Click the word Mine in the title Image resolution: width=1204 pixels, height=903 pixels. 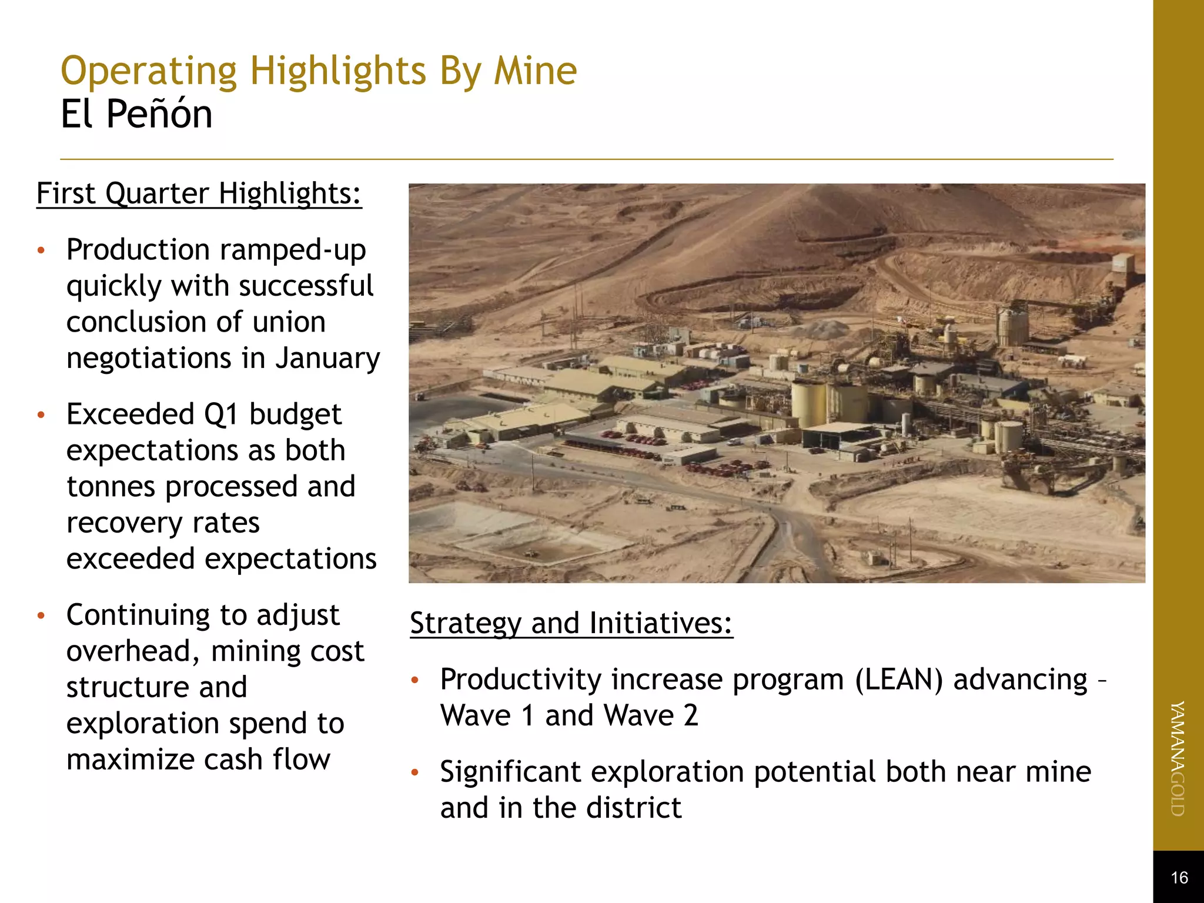[x=535, y=72]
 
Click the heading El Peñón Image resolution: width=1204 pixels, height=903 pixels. [x=136, y=114]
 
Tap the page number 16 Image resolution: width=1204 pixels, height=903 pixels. [x=1179, y=878]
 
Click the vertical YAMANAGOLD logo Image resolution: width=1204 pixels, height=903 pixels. [x=1178, y=758]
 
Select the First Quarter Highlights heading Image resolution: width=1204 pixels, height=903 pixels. [x=199, y=193]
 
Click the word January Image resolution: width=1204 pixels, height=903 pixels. [x=327, y=358]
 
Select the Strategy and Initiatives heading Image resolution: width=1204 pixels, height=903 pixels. [x=571, y=623]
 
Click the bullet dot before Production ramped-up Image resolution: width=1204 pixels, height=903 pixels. [x=41, y=251]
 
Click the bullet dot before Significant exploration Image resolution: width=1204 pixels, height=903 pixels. [x=415, y=772]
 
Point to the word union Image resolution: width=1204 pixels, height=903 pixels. [x=289, y=322]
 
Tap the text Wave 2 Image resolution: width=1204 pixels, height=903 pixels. [x=651, y=716]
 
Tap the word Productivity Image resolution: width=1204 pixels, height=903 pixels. [x=520, y=680]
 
